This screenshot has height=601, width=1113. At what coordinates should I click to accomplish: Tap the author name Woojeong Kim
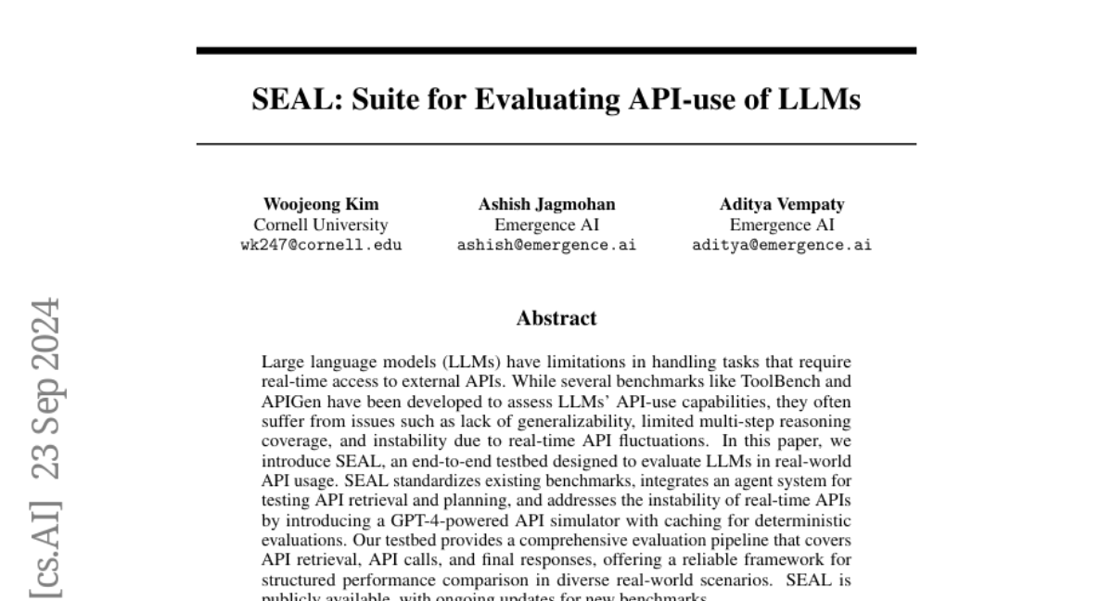321,204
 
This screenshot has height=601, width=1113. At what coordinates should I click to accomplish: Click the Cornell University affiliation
321,224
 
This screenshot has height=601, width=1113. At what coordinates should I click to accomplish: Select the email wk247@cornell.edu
321,245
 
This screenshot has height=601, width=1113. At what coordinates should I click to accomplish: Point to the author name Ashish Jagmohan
546,204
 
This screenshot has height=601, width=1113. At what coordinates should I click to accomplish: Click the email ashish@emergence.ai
546,245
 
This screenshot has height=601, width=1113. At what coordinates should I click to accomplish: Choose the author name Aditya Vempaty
782,204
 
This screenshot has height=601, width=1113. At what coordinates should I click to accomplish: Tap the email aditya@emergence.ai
782,245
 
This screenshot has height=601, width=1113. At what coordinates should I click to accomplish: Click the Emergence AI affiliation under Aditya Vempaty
782,224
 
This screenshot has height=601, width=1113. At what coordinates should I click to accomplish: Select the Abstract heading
556,318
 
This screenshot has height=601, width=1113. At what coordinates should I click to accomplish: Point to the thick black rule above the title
556,50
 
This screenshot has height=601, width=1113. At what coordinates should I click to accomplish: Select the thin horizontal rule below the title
556,144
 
